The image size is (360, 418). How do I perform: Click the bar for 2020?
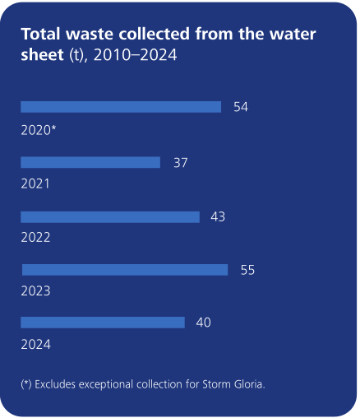click(x=121, y=107)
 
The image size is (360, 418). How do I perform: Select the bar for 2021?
click(x=90, y=163)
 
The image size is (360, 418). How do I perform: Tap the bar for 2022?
click(x=110, y=217)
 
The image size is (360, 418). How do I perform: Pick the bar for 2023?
click(x=125, y=270)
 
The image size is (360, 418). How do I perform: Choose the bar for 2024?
click(x=103, y=323)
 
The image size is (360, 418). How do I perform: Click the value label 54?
click(x=241, y=107)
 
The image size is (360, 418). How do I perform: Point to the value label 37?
click(x=180, y=163)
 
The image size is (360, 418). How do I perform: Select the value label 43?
click(x=218, y=217)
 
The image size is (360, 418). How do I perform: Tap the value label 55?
click(x=247, y=270)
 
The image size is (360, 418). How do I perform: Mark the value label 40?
click(x=203, y=323)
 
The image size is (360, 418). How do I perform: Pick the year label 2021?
click(x=35, y=184)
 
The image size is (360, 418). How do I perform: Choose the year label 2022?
click(x=35, y=238)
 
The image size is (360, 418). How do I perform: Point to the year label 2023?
click(x=35, y=291)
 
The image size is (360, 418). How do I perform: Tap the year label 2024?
click(x=35, y=345)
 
